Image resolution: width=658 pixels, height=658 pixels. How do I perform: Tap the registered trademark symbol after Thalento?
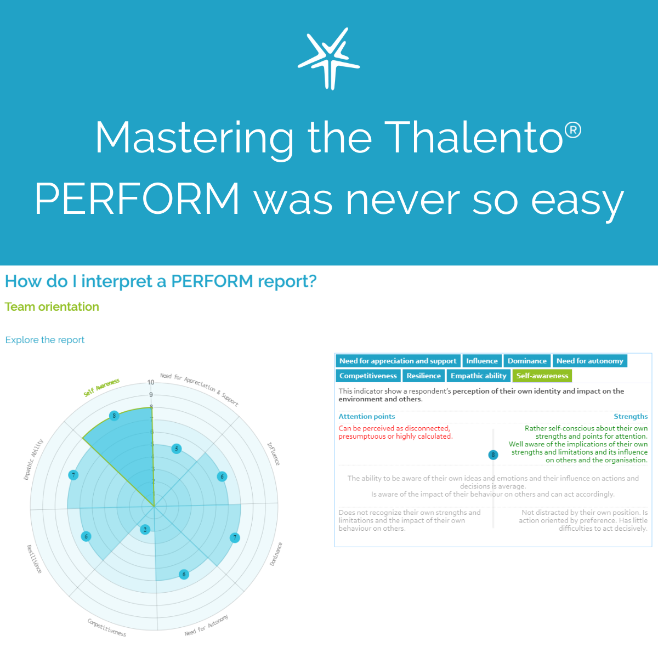[572, 130]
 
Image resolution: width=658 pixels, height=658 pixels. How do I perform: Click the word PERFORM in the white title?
[137, 198]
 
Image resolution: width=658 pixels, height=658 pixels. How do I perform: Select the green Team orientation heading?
[52, 307]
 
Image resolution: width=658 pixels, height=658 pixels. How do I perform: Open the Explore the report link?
[45, 340]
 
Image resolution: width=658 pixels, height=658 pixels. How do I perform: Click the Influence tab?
[482, 361]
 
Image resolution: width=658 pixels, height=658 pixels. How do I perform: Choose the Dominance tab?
[527, 361]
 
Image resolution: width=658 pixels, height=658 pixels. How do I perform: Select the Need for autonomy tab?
[589, 361]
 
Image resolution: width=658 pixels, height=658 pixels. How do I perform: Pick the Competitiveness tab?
[368, 376]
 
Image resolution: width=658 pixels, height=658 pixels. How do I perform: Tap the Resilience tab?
[423, 376]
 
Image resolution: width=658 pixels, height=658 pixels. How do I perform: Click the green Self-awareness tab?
[542, 376]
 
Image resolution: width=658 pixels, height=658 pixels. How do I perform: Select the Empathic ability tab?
[478, 376]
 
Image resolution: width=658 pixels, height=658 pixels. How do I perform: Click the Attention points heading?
[367, 417]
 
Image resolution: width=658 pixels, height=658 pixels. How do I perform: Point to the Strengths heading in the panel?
[631, 417]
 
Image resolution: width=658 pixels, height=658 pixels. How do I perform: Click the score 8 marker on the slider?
[493, 455]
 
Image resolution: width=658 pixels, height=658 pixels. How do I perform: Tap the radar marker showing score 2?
[145, 529]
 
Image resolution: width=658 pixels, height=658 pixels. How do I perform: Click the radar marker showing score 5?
[176, 449]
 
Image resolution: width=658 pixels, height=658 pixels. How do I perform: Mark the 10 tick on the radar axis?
[151, 382]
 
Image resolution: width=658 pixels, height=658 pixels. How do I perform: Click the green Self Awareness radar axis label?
[101, 388]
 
